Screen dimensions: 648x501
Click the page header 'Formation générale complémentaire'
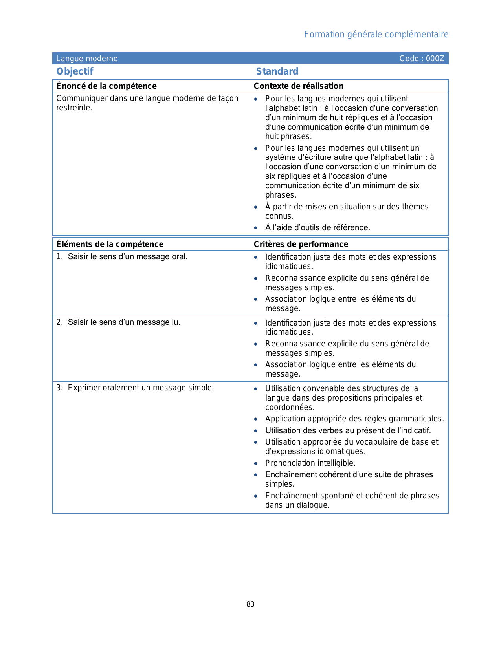click(x=376, y=35)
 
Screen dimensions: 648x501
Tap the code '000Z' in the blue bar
click(x=435, y=59)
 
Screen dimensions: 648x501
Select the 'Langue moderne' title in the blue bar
click(x=87, y=59)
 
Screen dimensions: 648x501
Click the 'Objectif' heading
click(x=75, y=71)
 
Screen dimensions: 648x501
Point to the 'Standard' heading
click(x=277, y=71)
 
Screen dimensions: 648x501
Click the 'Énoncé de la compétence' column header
click(x=106, y=86)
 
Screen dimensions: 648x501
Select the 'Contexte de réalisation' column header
click(x=298, y=86)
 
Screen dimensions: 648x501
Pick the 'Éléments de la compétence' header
click(x=110, y=244)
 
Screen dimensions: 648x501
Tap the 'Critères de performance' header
click(x=301, y=244)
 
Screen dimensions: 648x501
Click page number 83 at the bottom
click(x=250, y=604)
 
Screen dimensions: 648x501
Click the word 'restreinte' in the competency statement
click(x=73, y=108)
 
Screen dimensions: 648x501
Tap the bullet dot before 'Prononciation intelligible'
click(x=256, y=463)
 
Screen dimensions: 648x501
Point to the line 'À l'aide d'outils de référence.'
click(x=317, y=228)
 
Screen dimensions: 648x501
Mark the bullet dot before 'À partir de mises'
click(x=256, y=207)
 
